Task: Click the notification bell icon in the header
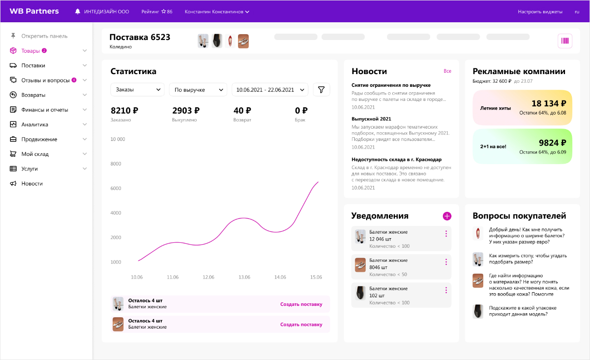78,11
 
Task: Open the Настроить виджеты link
540,11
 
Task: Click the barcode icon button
565,41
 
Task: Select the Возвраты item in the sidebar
33,95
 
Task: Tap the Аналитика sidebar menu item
35,125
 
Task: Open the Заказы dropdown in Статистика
137,90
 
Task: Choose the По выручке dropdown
198,90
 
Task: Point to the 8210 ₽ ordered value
124,110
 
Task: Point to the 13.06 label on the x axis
244,277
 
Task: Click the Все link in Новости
447,71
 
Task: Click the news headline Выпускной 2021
371,119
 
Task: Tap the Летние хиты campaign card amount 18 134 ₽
549,103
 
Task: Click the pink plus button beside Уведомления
447,216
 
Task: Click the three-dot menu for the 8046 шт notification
446,262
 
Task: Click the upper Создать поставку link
301,304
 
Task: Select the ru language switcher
577,11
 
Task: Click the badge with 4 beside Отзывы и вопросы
74,80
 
